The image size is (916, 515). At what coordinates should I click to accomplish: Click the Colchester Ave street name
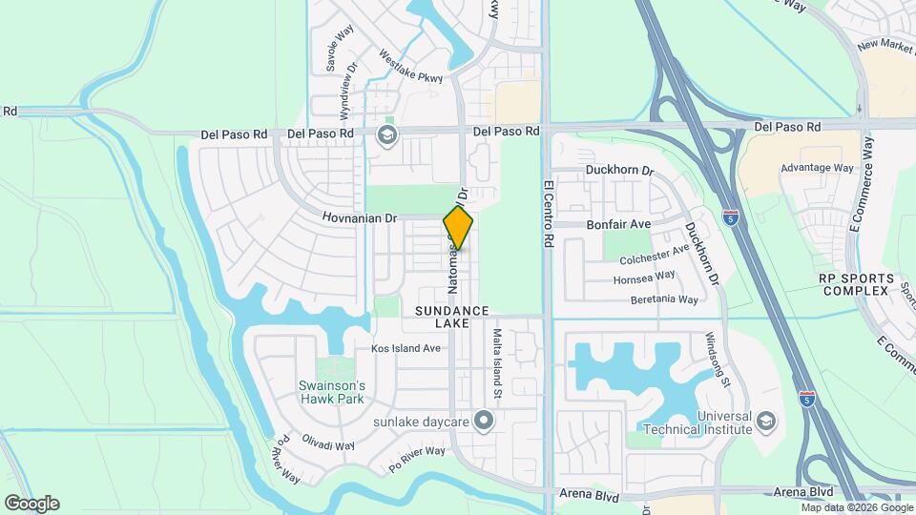pyautogui.click(x=655, y=255)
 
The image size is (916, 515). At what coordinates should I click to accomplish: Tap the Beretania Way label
pyautogui.click(x=664, y=299)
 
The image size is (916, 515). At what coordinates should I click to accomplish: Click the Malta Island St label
pyautogui.click(x=497, y=364)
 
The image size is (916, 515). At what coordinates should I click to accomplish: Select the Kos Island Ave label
pyautogui.click(x=406, y=348)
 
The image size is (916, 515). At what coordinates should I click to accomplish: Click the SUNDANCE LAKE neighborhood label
pyautogui.click(x=452, y=318)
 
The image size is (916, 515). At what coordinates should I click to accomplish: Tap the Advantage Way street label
pyautogui.click(x=817, y=168)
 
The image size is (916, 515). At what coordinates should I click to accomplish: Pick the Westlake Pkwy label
pyautogui.click(x=411, y=67)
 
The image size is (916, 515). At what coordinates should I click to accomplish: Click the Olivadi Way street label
pyautogui.click(x=328, y=445)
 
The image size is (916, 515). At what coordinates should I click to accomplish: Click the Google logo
pyautogui.click(x=31, y=504)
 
